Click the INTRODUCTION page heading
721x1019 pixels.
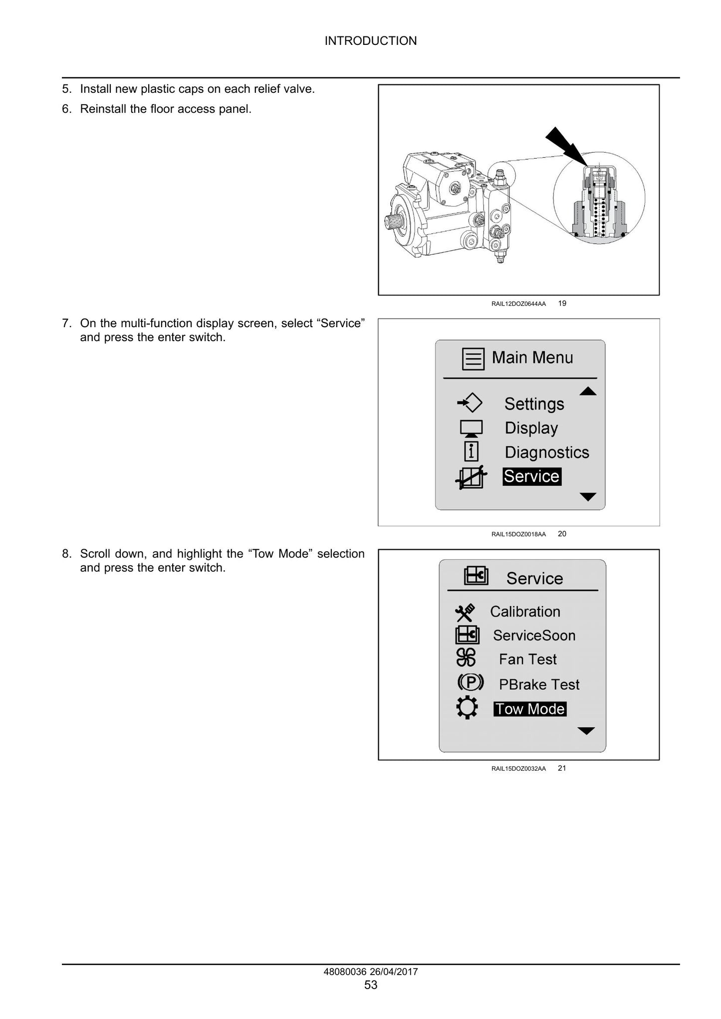(x=371, y=41)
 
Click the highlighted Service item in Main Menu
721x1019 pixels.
(x=532, y=476)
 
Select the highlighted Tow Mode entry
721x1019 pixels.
(x=530, y=709)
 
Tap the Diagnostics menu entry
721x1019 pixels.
(x=547, y=452)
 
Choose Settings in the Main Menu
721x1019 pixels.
(x=534, y=404)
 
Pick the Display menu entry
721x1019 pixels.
(x=531, y=428)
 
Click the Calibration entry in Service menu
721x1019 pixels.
(x=525, y=611)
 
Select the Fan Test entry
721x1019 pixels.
(x=528, y=659)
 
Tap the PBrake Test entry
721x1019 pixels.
(x=539, y=684)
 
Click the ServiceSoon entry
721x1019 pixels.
(x=534, y=635)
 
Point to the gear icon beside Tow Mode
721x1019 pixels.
(x=467, y=708)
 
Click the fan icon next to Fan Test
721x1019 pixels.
(x=467, y=658)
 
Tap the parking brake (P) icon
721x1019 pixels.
(x=470, y=682)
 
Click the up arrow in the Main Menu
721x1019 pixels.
(x=588, y=391)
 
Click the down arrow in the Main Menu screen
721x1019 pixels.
(x=588, y=497)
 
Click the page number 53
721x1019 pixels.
(x=371, y=985)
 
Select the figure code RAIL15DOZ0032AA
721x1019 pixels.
(x=518, y=769)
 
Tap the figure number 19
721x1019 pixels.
(x=562, y=303)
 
